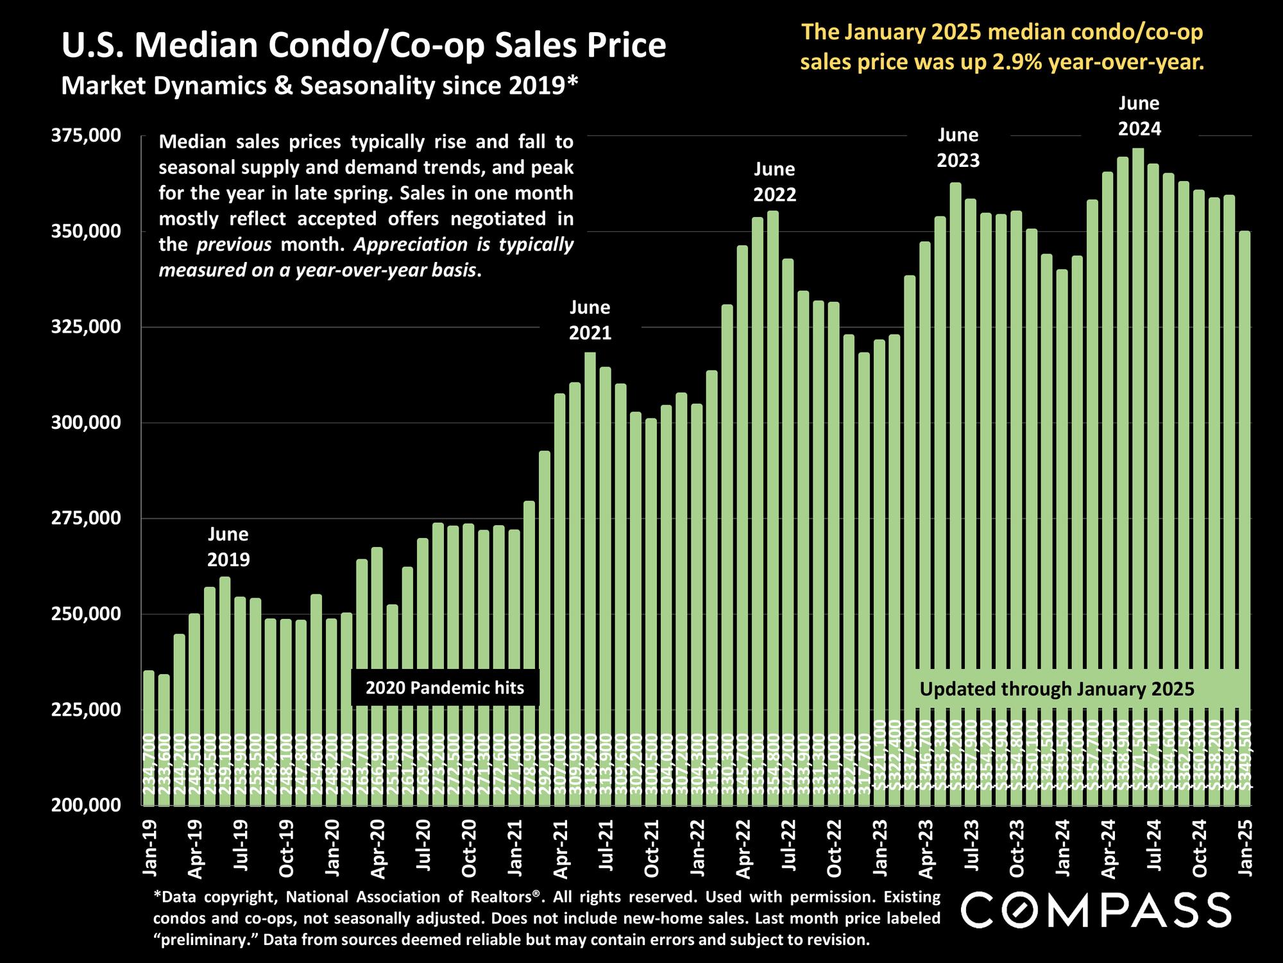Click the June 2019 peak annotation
228,547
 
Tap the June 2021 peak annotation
590,320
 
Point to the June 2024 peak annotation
1139,116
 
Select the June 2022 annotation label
774,182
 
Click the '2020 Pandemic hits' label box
445,688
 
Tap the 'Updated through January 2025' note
1057,690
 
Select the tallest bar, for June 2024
1138,449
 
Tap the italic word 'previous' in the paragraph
234,245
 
